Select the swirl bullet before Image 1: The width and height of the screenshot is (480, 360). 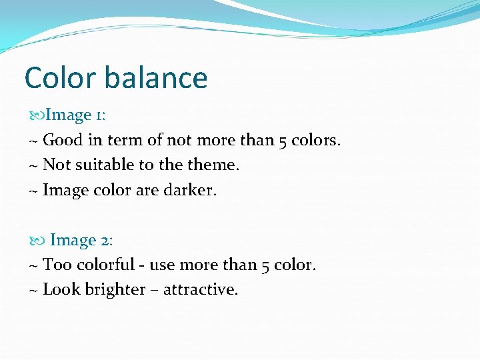tap(37, 115)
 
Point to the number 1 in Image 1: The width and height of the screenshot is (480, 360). tap(99, 115)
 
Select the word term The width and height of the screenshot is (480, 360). tap(124, 140)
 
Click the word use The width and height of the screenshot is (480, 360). tap(162, 265)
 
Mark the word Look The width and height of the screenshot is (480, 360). tap(61, 290)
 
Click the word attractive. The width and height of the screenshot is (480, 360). tap(200, 290)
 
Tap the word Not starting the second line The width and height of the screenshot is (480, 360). tap(56, 165)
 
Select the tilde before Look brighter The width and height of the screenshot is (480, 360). tap(33, 290)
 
